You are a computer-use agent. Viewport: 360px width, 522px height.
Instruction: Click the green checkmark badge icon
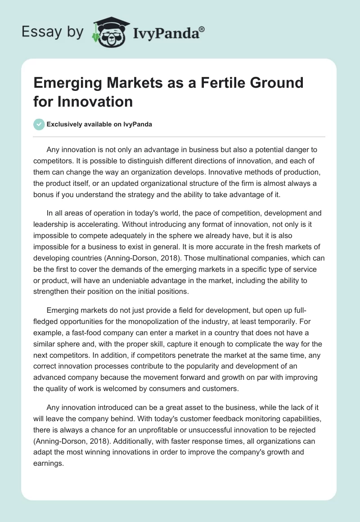[39, 124]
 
